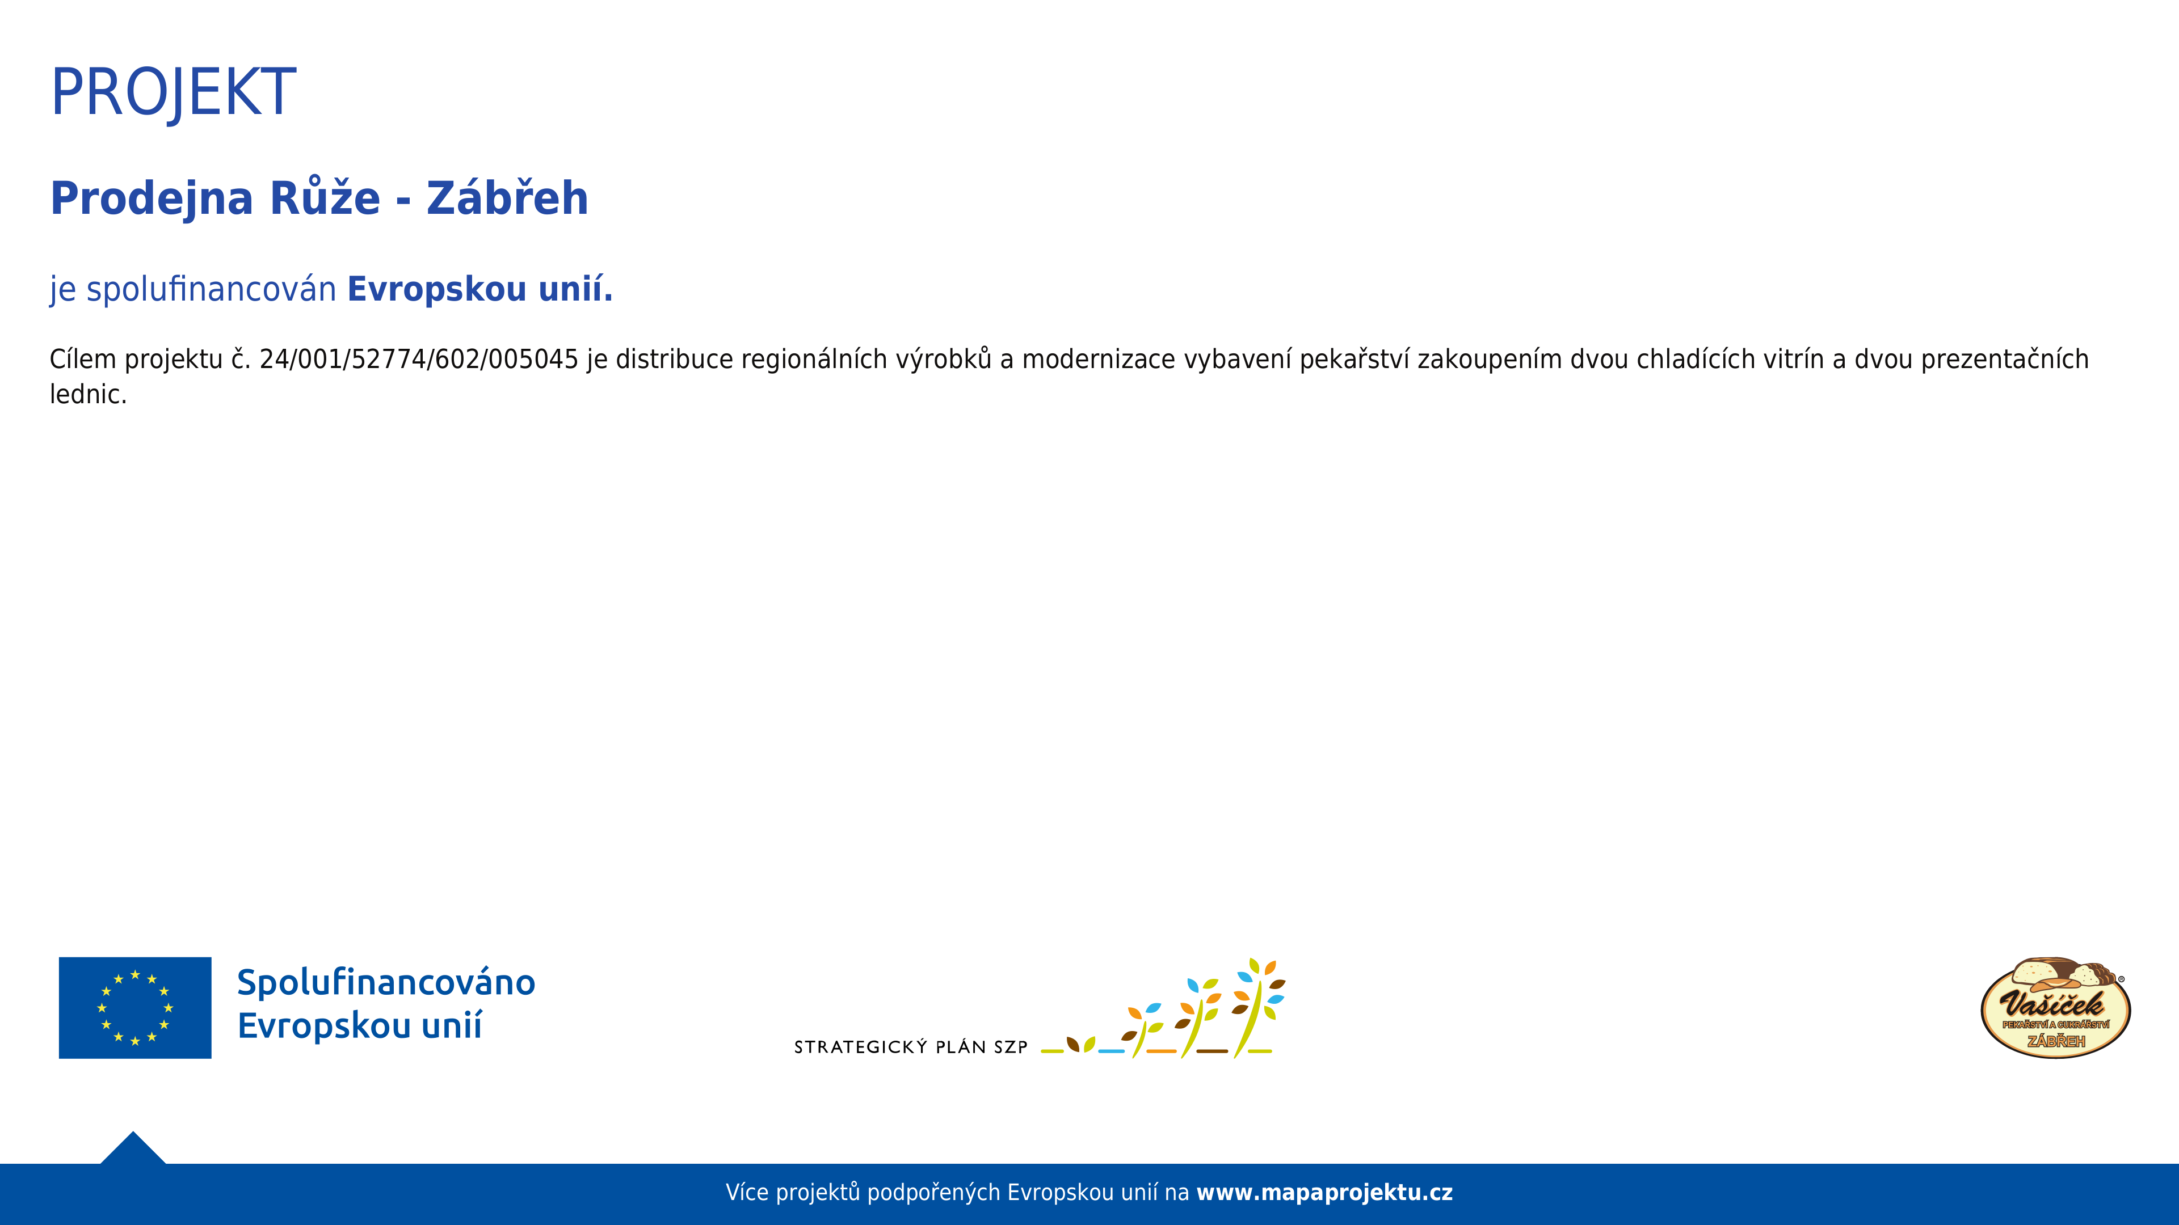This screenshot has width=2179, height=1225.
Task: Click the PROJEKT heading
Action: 174,92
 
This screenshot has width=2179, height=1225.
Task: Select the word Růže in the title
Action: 325,196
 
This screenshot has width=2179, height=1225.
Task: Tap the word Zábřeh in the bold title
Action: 507,197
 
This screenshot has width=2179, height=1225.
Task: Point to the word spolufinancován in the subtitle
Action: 212,289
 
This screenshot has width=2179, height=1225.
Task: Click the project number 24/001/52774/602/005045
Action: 419,360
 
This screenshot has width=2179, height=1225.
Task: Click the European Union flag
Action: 136,1008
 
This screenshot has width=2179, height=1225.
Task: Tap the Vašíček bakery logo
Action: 2055,1008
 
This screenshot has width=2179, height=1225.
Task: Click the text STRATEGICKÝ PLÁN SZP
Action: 911,1047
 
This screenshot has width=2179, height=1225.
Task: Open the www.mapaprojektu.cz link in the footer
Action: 1324,1193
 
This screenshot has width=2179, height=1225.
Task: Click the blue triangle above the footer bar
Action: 133,1149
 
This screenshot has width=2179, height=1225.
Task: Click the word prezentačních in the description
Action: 2005,360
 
